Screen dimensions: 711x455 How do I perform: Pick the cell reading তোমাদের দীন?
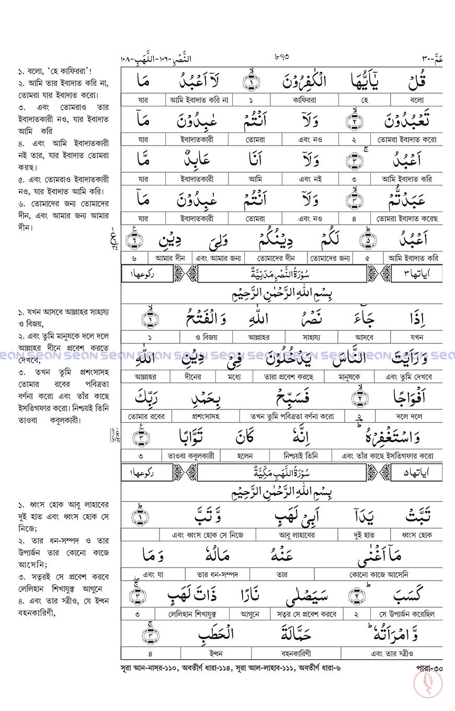point(277,258)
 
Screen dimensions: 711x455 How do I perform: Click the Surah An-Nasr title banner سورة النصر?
point(281,273)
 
